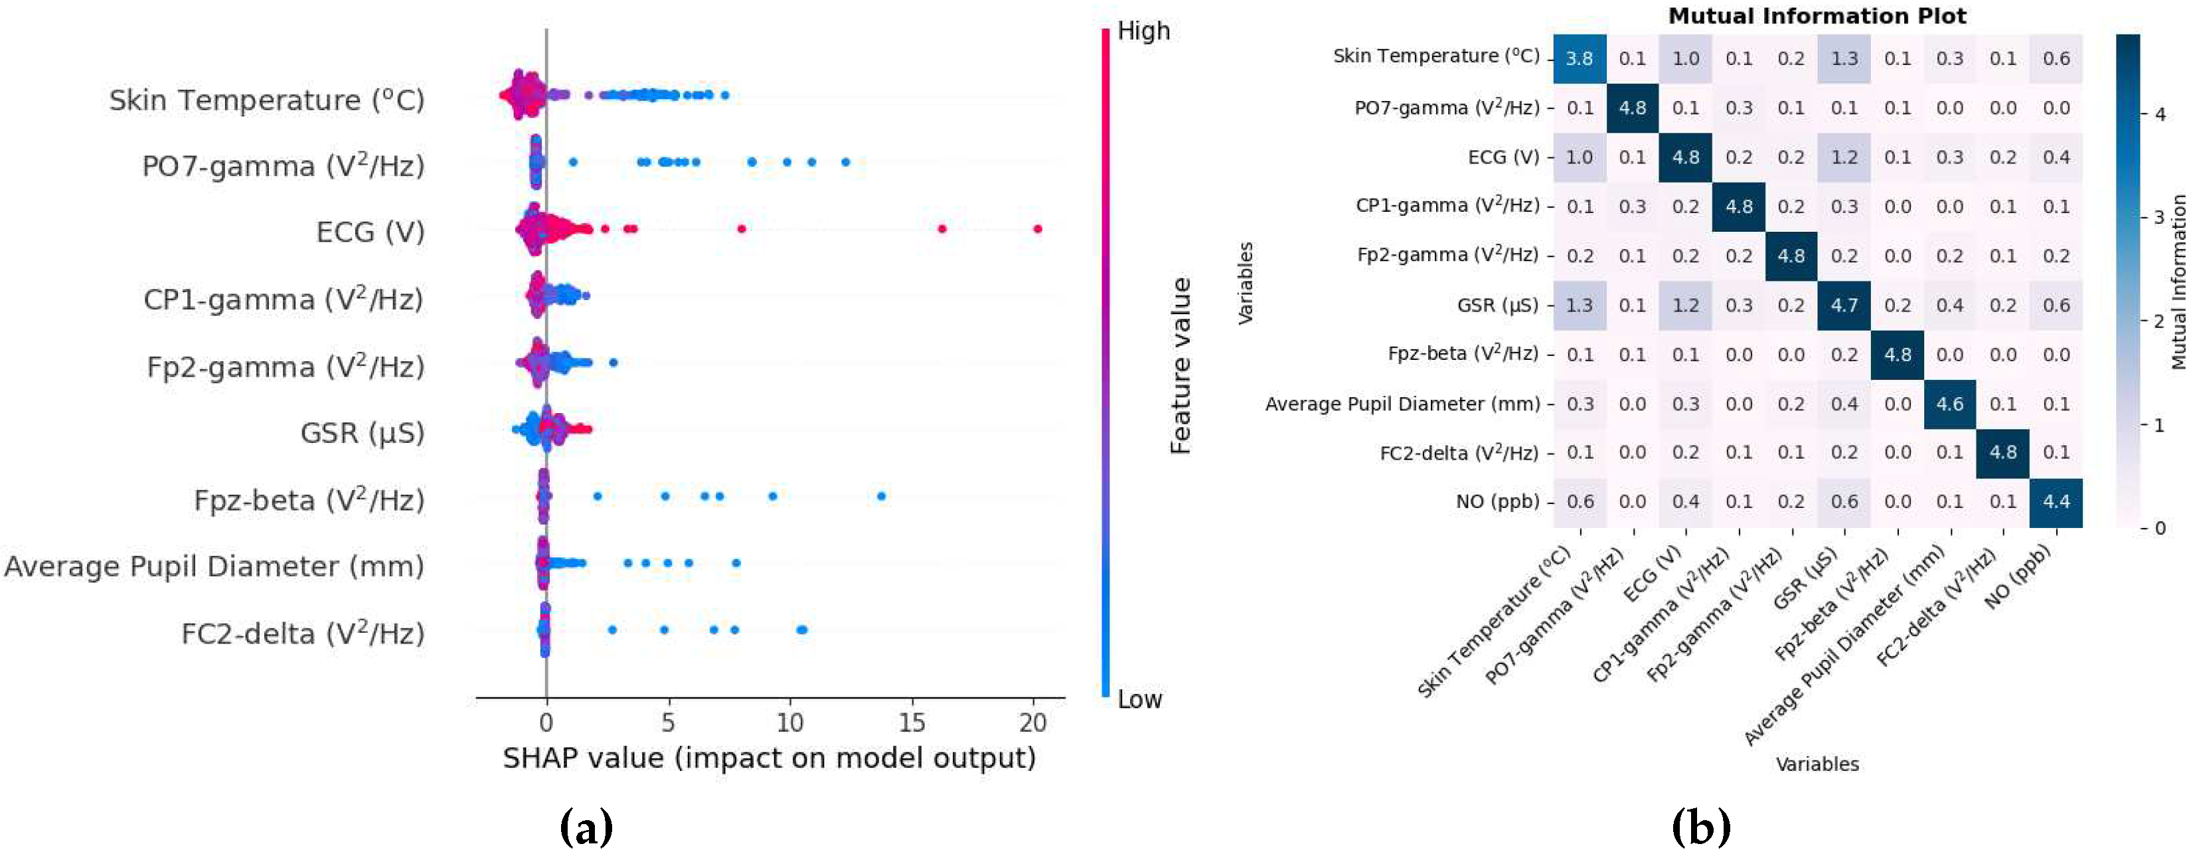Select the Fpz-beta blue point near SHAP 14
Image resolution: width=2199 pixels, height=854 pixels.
(881, 496)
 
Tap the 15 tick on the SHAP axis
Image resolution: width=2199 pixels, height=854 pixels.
(912, 723)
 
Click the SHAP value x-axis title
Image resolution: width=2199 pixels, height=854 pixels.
(769, 758)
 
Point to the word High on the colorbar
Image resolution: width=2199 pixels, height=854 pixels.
(1143, 32)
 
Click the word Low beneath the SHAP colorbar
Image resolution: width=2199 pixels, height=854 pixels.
(1139, 699)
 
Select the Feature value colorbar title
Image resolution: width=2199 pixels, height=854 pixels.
(1181, 365)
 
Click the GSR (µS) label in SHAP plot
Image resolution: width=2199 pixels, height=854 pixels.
(362, 433)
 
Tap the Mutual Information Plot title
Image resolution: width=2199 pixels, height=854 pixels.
(1817, 15)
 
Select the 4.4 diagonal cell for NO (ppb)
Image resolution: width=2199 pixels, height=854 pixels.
(2056, 502)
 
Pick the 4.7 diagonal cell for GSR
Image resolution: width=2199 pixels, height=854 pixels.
(1844, 305)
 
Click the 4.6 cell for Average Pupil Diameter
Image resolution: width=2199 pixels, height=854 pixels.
(1950, 404)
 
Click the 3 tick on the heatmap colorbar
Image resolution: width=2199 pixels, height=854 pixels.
(2160, 217)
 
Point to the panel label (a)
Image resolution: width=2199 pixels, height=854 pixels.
(586, 827)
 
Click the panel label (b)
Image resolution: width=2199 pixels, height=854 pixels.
(1700, 827)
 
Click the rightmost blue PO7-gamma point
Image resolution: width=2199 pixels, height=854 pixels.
(845, 161)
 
